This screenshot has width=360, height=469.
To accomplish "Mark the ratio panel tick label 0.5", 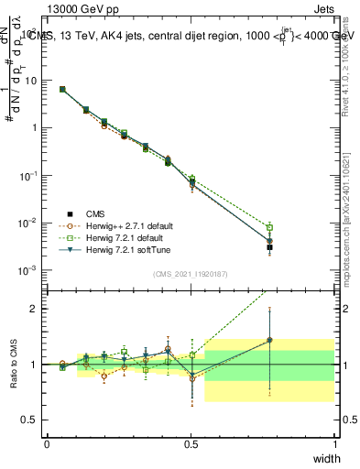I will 27,420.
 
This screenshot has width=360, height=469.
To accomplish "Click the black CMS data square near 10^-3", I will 269,247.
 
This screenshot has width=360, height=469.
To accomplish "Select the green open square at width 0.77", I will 269,227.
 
